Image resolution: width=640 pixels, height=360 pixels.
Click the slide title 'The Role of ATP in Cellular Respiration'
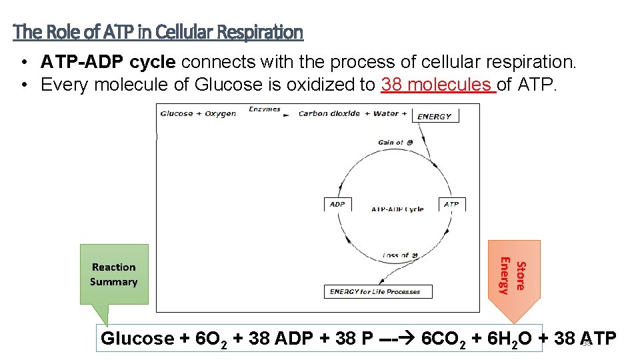[158, 31]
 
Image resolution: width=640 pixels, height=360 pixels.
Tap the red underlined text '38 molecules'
[439, 85]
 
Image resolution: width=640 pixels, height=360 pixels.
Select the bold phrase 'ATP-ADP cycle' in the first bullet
[108, 62]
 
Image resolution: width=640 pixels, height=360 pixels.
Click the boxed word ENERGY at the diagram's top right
[435, 116]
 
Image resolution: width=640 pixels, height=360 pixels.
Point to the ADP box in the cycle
[337, 205]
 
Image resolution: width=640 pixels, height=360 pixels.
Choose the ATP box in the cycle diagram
[451, 205]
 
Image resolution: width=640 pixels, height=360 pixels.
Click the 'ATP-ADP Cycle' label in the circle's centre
[397, 209]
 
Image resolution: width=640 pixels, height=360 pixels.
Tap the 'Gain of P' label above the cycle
[395, 142]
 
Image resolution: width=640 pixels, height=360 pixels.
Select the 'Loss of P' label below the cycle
[400, 255]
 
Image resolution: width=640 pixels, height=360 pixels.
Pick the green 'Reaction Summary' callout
[114, 274]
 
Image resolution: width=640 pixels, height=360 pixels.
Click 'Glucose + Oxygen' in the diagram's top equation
[198, 113]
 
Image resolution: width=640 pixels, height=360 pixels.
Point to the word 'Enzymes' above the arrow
[264, 109]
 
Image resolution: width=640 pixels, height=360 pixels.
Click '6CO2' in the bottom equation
[443, 339]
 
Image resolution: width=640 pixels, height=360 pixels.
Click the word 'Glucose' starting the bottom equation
[137, 339]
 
